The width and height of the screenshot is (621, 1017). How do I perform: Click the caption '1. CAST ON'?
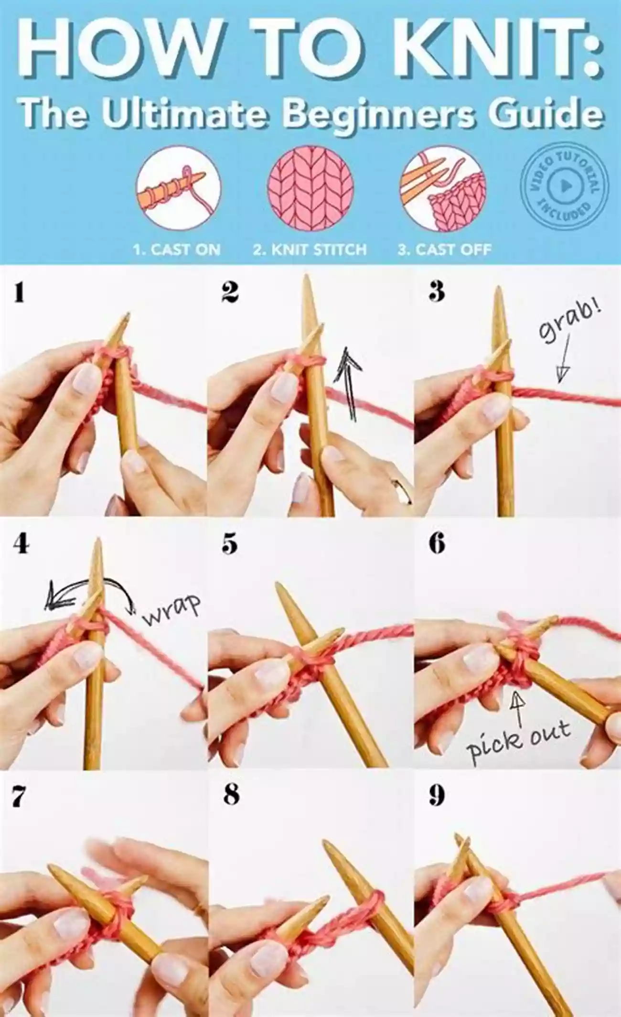tap(177, 249)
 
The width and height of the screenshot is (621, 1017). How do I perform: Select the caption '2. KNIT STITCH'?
tap(310, 249)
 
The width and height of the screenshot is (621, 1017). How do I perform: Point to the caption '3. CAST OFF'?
tap(444, 249)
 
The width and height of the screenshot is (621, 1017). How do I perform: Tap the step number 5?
tap(230, 544)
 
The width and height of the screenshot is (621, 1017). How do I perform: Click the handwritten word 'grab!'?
tap(569, 324)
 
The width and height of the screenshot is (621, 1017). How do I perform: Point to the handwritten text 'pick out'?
tap(518, 740)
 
